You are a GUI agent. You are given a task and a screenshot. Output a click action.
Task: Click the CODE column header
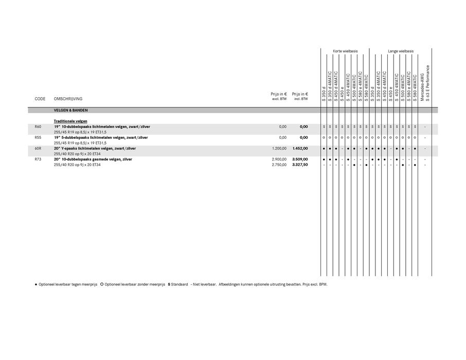click(40, 99)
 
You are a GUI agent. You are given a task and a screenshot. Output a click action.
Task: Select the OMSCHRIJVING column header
click(68, 99)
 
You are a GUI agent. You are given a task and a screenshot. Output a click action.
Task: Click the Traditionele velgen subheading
click(70, 121)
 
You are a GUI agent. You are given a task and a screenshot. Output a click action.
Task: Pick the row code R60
click(38, 127)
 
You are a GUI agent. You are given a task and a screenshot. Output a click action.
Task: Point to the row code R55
click(38, 137)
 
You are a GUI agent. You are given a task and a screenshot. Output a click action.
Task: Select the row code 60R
click(38, 148)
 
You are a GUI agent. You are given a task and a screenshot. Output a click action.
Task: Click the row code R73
click(38, 159)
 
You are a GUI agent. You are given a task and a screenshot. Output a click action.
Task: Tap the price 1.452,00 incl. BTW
click(300, 148)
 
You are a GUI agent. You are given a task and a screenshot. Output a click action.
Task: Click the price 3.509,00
click(300, 159)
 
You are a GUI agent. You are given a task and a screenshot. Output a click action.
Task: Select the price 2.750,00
click(279, 165)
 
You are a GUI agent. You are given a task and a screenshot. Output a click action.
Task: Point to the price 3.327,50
click(300, 165)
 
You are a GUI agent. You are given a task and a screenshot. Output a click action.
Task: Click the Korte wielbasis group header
click(345, 51)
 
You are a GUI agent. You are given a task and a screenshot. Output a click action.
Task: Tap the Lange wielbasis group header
click(401, 51)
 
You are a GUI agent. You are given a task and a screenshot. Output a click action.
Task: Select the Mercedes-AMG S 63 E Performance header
click(425, 82)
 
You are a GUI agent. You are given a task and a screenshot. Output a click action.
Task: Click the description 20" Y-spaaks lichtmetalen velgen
click(95, 148)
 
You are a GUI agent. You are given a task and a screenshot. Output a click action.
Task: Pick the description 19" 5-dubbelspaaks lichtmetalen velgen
click(101, 137)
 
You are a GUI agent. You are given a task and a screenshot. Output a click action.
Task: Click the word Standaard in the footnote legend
click(180, 284)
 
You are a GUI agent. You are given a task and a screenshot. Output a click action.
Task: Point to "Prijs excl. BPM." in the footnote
click(314, 284)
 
